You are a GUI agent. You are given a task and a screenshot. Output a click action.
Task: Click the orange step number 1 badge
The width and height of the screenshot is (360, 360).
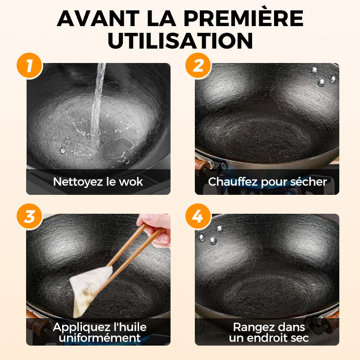30,66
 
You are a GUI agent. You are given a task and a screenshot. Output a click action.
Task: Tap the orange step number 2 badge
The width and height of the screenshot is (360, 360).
198,66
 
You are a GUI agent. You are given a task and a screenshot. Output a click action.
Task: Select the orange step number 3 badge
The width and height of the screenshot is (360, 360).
30,216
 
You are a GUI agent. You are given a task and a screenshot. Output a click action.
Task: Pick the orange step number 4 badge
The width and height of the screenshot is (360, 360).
198,216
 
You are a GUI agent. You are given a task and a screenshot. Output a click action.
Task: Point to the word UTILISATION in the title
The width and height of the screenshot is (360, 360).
180,40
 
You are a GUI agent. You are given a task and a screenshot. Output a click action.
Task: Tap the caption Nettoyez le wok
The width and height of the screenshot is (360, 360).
98,182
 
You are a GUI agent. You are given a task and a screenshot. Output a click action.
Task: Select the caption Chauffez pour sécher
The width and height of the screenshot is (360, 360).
267,182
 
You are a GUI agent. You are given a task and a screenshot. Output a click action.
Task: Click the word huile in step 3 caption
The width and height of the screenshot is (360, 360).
131,327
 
